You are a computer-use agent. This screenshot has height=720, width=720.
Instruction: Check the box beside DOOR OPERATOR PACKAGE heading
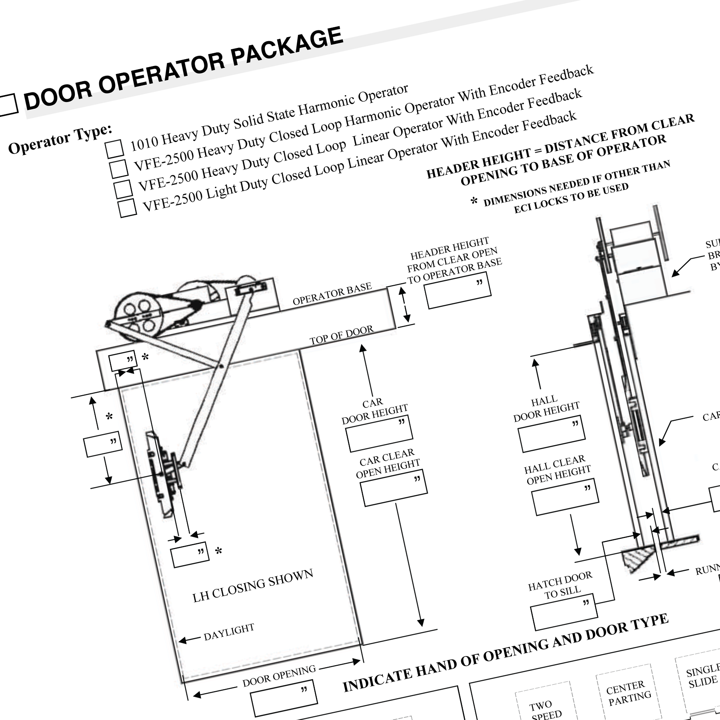pyautogui.click(x=7, y=105)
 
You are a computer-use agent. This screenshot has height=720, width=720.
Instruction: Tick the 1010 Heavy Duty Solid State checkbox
pyautogui.click(x=115, y=148)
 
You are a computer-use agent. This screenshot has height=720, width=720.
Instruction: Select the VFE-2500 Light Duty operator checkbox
pyautogui.click(x=128, y=208)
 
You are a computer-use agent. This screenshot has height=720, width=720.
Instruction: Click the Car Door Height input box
pyautogui.click(x=379, y=434)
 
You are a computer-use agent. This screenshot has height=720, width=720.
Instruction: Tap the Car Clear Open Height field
pyautogui.click(x=394, y=488)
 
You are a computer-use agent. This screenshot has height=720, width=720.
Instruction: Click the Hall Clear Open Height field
pyautogui.click(x=565, y=497)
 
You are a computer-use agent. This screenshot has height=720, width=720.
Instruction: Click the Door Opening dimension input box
pyautogui.click(x=284, y=698)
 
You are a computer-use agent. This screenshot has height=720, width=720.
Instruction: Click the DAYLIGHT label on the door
pyautogui.click(x=229, y=632)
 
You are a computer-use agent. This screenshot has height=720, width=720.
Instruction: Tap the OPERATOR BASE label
pyautogui.click(x=332, y=294)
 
